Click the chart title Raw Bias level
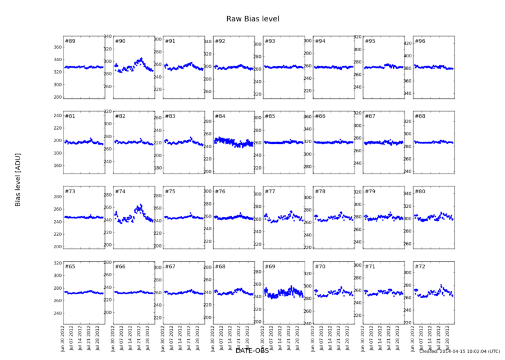point(252,19)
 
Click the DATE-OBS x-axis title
point(252,350)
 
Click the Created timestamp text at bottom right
point(459,351)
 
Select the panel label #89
point(70,42)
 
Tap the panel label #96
point(420,42)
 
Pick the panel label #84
point(220,116)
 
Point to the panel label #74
point(120,192)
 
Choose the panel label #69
point(270,266)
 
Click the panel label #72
point(420,266)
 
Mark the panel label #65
point(70,266)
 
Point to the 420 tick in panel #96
point(407,43)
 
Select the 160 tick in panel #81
point(57,166)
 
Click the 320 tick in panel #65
point(57,263)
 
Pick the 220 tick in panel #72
point(407,323)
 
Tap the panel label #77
point(270,192)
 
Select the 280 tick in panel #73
point(57,197)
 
